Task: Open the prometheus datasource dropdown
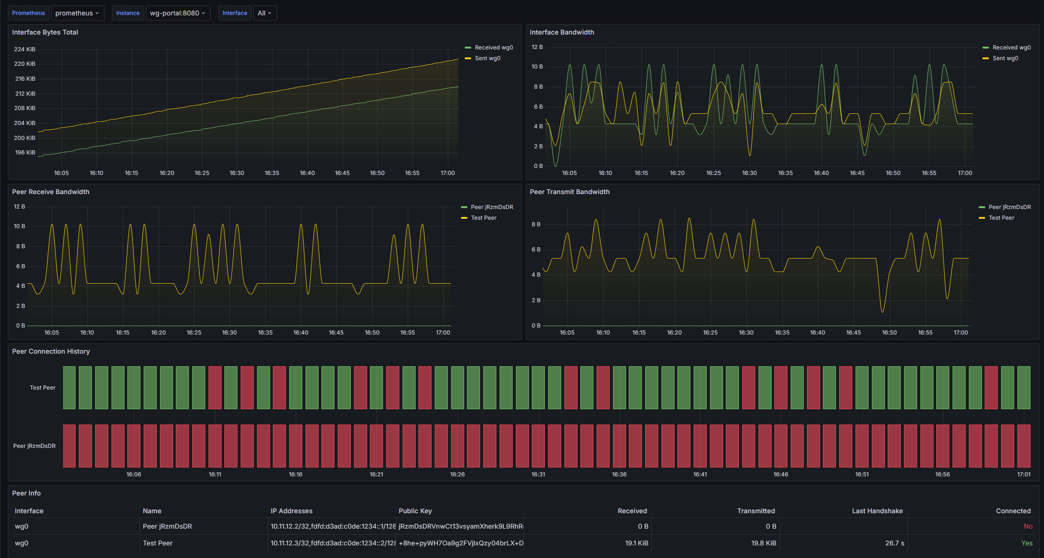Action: pyautogui.click(x=77, y=13)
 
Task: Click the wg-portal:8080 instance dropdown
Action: pyautogui.click(x=178, y=13)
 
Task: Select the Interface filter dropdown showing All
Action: pyautogui.click(x=264, y=13)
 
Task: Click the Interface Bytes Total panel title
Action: pyautogui.click(x=45, y=32)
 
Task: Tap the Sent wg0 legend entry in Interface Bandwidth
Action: pyautogui.click(x=1005, y=58)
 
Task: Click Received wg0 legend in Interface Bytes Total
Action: pyautogui.click(x=494, y=48)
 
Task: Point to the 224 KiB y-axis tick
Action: pyautogui.click(x=25, y=49)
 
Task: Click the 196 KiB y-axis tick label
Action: pyautogui.click(x=25, y=153)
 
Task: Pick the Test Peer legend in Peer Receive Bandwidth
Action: pyautogui.click(x=483, y=218)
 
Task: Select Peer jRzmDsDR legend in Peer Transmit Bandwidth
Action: pyautogui.click(x=1009, y=207)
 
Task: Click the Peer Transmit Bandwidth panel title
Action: pyautogui.click(x=570, y=192)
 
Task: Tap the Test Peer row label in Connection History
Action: pyautogui.click(x=42, y=388)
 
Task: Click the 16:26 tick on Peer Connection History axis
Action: pyautogui.click(x=457, y=474)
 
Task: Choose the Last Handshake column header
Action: pyautogui.click(x=877, y=511)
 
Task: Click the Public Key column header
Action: pyautogui.click(x=415, y=511)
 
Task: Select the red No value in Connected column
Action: pyautogui.click(x=1028, y=526)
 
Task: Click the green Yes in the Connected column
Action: pyautogui.click(x=1027, y=543)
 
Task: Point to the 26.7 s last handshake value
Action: pyautogui.click(x=894, y=543)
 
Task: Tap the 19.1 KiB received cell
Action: pyautogui.click(x=636, y=543)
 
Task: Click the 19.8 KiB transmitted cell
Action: pyautogui.click(x=764, y=543)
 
